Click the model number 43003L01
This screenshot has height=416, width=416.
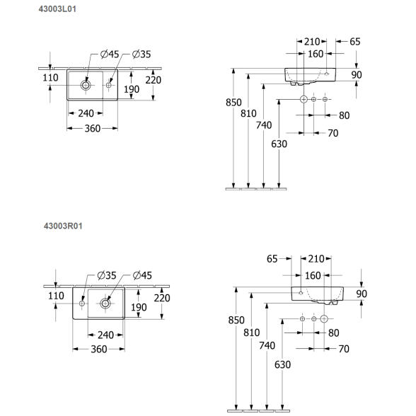pyautogui.click(x=57, y=9)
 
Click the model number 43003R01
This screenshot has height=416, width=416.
pyautogui.click(x=63, y=226)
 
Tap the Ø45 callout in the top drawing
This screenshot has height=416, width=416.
pyautogui.click(x=110, y=54)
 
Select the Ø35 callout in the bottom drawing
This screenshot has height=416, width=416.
pyautogui.click(x=107, y=275)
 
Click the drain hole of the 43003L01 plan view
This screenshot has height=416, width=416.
pyautogui.click(x=86, y=85)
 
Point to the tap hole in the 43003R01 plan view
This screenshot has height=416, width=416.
pyautogui.click(x=82, y=304)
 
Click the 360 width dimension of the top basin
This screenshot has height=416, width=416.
pyautogui.click(x=92, y=129)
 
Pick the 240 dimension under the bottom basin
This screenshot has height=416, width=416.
pyautogui.click(x=105, y=335)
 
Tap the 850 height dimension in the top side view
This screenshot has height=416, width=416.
pyautogui.click(x=233, y=103)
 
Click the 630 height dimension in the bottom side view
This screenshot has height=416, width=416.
pyautogui.click(x=282, y=365)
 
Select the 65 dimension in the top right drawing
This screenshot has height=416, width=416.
pyautogui.click(x=354, y=42)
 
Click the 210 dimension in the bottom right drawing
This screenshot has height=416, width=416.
pyautogui.click(x=316, y=259)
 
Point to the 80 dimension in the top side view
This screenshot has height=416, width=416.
pyautogui.click(x=344, y=115)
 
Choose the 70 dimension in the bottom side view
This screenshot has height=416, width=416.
pyautogui.click(x=344, y=349)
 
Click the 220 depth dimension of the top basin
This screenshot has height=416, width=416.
pyautogui.click(x=153, y=80)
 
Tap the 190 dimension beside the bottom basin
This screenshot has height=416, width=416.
pyautogui.click(x=139, y=308)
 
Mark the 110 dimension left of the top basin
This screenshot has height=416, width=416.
pyautogui.click(x=50, y=78)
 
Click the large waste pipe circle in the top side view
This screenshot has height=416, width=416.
pyautogui.click(x=304, y=99)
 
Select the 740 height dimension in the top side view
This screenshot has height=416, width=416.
pyautogui.click(x=264, y=125)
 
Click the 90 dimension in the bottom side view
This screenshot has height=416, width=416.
pyautogui.click(x=362, y=294)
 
